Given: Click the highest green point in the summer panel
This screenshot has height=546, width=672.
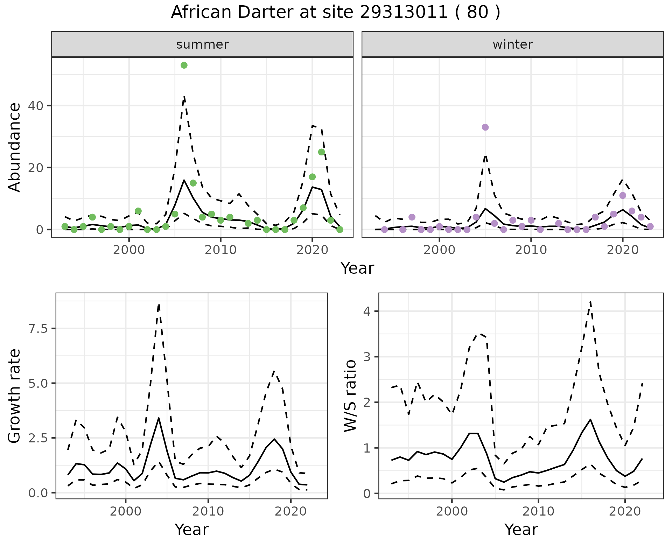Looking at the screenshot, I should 184,65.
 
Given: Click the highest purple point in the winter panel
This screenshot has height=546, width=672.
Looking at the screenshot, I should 485,127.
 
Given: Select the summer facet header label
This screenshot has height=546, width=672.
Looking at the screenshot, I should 202,44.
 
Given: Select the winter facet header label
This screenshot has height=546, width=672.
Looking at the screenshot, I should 512,44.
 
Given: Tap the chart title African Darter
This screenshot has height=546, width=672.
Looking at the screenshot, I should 335,13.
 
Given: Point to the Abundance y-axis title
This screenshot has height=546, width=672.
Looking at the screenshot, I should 15,147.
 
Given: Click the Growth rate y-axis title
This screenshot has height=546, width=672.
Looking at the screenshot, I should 15,396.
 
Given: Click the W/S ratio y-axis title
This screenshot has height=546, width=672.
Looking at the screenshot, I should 350,395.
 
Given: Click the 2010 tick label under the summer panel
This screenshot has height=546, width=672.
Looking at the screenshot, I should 220,250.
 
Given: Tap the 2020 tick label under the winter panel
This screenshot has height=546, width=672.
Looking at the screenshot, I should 622,250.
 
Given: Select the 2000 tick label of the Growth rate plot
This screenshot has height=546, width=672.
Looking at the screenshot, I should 126,511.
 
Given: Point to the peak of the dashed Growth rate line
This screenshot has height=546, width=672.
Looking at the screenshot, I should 159,305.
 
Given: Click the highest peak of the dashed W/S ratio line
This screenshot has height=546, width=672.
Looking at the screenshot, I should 590,301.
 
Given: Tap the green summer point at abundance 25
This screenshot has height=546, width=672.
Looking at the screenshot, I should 321,152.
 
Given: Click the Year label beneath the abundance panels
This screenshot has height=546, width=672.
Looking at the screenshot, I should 357,268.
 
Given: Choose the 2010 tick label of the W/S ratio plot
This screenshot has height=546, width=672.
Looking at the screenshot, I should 538,511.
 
